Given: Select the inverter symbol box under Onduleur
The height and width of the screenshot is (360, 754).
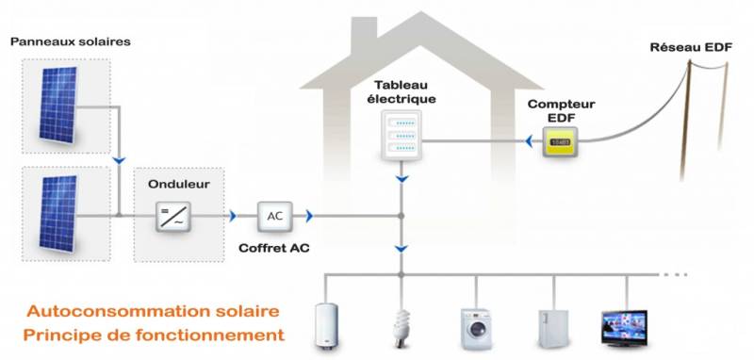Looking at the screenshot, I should [172, 219].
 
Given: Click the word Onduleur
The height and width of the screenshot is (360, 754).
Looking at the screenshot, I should [172, 186].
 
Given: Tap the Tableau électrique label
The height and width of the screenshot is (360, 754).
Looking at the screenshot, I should [403, 91].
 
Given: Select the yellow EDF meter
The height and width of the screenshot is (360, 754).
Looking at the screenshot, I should [560, 142].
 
